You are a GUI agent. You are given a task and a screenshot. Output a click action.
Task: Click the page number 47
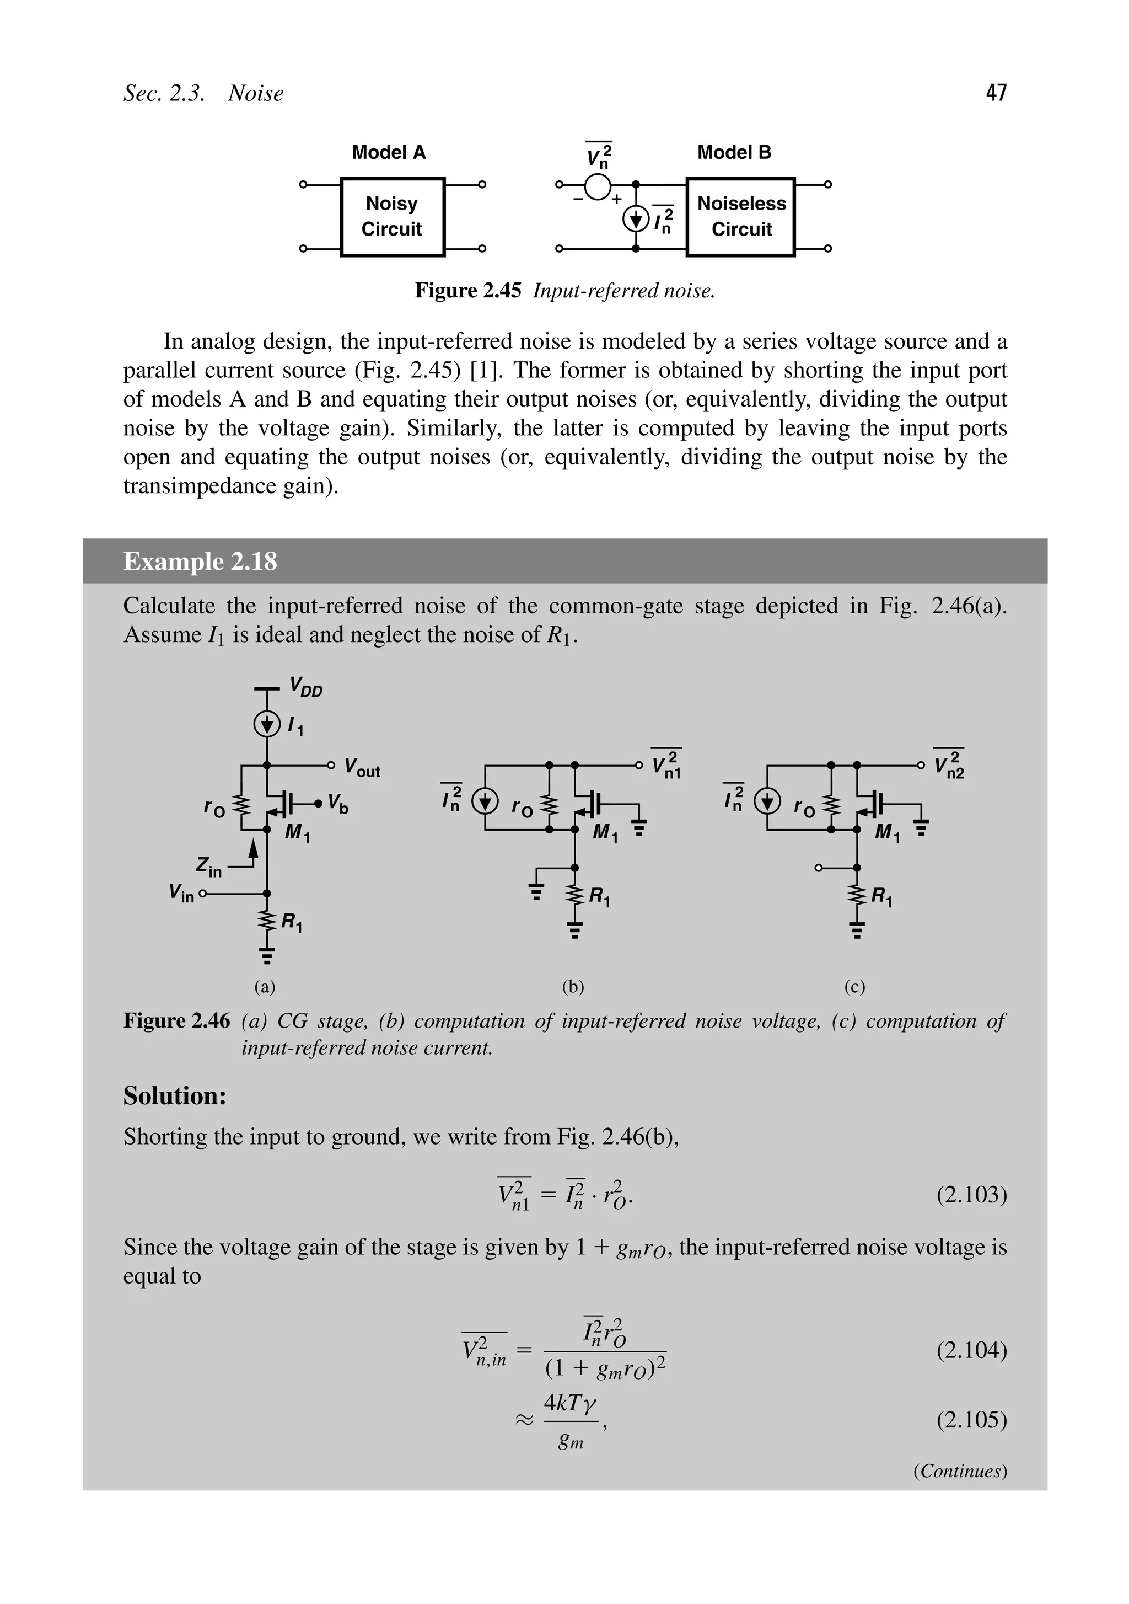pos(996,92)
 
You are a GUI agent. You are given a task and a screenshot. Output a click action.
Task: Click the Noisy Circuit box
pos(393,217)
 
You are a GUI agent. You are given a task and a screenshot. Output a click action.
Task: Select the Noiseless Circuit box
pos(741,217)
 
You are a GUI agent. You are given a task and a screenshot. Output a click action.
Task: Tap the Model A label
pos(388,152)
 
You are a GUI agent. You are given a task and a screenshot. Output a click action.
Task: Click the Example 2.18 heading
pos(200,562)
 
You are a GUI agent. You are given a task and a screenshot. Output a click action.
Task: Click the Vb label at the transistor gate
pos(338,804)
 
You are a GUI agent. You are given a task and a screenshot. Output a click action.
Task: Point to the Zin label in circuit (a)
pos(208,868)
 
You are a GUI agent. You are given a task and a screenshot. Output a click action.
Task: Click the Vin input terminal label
pos(181,893)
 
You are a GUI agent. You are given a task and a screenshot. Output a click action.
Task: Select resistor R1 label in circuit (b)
pos(600,896)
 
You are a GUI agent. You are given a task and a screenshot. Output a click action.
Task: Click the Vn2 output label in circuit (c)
pos(949,766)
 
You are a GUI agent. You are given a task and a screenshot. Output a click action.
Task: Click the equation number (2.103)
pos(971,1195)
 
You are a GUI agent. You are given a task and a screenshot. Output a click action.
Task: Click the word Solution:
pos(175,1096)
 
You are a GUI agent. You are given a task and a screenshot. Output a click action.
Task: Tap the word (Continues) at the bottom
pos(959,1471)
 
